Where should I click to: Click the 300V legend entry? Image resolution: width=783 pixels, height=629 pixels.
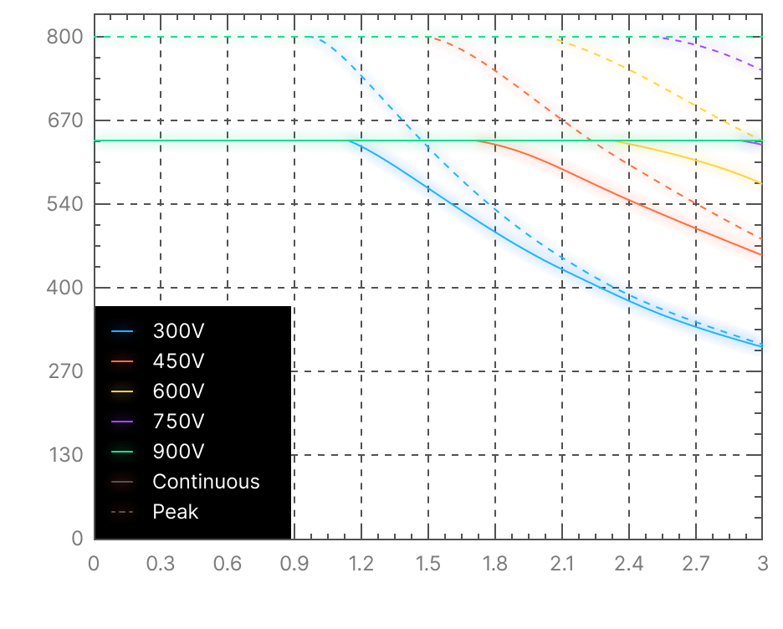178,330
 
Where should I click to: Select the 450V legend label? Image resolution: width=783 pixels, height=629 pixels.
178,361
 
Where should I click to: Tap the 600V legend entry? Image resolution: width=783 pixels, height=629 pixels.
178,391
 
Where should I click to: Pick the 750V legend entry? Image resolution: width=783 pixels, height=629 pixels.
178,421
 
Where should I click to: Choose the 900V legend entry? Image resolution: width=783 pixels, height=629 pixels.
178,451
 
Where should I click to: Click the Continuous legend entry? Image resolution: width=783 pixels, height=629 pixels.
206,481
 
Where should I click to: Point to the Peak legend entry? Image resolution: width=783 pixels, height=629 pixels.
175,511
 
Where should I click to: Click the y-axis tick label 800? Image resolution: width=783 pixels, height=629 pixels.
65,37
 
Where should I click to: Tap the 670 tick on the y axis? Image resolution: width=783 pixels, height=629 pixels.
65,120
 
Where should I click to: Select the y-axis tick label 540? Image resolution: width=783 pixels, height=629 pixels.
65,204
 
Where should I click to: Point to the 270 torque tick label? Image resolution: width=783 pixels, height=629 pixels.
65,371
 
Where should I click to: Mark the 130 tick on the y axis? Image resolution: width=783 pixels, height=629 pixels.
65,455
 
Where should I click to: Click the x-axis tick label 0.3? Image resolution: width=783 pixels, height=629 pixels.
161,565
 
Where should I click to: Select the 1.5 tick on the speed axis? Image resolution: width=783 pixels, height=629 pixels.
428,565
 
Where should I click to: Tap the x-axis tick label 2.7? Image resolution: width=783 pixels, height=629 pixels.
696,565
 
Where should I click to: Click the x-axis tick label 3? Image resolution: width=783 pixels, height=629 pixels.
762,565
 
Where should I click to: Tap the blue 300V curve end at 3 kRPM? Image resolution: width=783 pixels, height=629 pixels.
760,345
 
